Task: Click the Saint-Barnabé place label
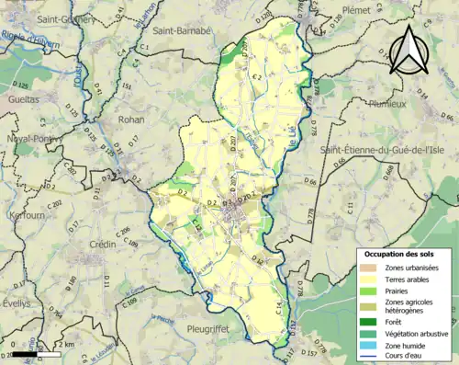[x=183, y=30]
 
